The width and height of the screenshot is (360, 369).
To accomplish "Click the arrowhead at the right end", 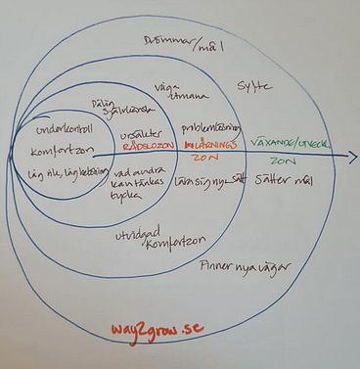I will coord(351,156).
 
